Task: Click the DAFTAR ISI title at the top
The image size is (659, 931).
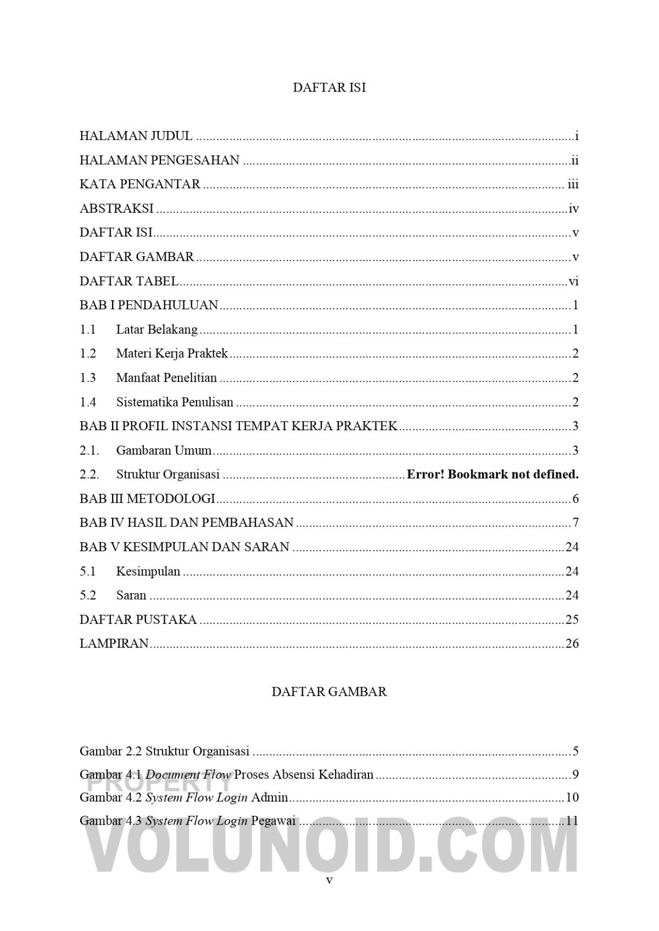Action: pos(329,88)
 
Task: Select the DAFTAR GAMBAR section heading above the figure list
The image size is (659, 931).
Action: pos(329,691)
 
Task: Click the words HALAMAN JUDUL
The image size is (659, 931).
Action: pos(136,136)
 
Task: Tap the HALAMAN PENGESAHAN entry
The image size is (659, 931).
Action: pos(159,160)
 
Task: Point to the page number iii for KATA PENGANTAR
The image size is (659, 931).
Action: pos(573,184)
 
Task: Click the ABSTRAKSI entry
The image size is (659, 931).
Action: pos(116,208)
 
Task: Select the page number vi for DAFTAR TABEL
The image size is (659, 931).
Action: pos(573,281)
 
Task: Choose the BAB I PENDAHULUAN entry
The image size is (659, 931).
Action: pos(149,305)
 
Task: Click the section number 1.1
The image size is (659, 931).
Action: pos(88,330)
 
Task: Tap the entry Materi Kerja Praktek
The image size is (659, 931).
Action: pos(172,353)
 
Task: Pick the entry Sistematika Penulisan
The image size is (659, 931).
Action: pos(175,402)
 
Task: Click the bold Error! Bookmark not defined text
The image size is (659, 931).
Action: pos(493,474)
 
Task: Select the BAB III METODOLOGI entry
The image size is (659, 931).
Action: pos(147,499)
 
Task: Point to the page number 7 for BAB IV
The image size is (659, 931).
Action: pos(576,522)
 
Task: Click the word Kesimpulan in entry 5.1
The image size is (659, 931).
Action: pos(148,571)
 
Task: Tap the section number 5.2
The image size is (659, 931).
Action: pos(88,595)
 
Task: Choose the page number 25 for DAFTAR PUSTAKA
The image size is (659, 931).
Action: pos(572,619)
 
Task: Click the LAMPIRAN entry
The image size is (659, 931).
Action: pos(114,644)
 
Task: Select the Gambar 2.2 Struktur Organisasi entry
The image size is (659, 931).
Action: pos(164,751)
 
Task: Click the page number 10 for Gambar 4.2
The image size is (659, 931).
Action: pos(572,797)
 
